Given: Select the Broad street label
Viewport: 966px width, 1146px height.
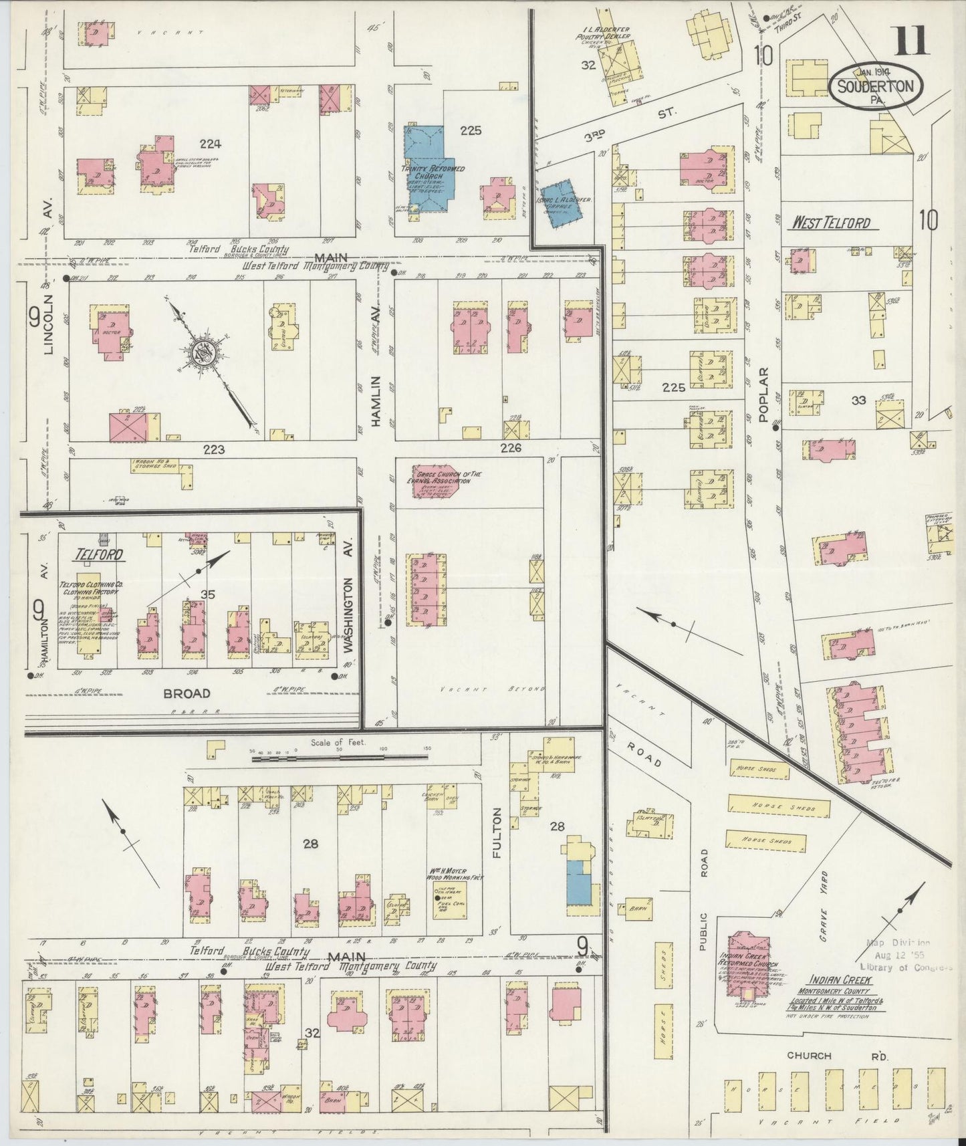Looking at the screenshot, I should click(188, 693).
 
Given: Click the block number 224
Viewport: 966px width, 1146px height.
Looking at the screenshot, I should click(210, 143).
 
